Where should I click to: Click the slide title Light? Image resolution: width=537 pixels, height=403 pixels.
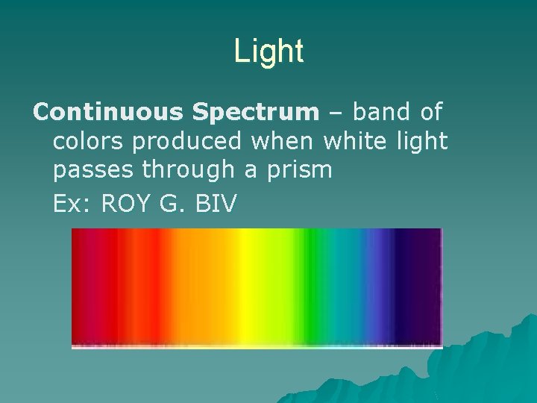[x=268, y=51]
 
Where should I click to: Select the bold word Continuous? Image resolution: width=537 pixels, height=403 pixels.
[x=108, y=112]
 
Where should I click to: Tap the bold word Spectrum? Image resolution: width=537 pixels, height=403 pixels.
[x=255, y=112]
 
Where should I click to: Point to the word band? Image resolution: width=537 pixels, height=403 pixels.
[x=379, y=112]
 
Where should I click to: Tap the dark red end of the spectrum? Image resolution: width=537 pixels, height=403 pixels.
[x=86, y=287]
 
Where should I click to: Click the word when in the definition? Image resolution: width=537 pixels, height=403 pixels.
[x=287, y=141]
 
